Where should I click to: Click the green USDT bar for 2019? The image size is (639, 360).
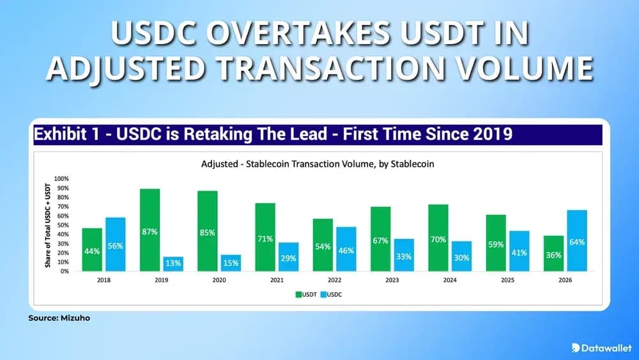click(150, 230)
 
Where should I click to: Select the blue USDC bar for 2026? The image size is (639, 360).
click(576, 240)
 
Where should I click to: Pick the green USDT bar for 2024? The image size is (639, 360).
click(438, 237)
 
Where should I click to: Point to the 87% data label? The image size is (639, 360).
click(150, 232)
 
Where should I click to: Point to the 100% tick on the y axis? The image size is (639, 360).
click(61, 178)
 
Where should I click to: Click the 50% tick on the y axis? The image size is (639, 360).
click(63, 225)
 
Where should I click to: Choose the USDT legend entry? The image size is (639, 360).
click(307, 295)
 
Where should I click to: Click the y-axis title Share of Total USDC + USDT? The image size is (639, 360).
click(48, 225)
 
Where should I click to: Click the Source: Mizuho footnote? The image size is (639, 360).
click(59, 317)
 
